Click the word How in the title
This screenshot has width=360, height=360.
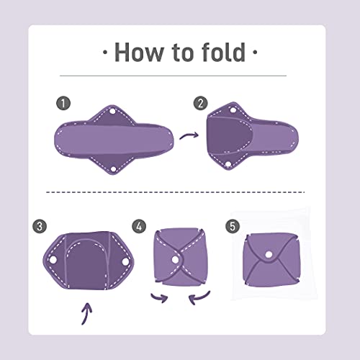tap(138, 53)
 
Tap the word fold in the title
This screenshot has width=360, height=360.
tap(224, 52)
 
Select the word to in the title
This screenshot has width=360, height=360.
tap(182, 53)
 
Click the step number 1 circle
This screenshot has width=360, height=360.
tap(63, 104)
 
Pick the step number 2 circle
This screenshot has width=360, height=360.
tap(201, 103)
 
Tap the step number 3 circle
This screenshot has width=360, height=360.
tap(40, 226)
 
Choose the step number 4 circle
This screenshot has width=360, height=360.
tap(139, 226)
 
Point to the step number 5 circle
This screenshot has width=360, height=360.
tap(233, 226)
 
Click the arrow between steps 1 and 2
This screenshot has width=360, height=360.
tap(189, 135)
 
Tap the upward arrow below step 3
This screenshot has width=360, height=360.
tap(86, 313)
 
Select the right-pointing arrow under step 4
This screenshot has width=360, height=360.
tap(160, 298)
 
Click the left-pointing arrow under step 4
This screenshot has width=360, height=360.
tap(199, 298)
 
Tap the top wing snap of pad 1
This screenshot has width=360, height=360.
tap(112, 112)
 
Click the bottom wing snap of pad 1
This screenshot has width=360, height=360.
tap(113, 168)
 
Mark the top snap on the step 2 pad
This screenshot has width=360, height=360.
tap(233, 110)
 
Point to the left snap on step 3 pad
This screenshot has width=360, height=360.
tap(53, 260)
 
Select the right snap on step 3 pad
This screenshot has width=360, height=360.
tap(125, 261)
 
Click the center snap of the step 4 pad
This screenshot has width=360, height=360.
tap(175, 260)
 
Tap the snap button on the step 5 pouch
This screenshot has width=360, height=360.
tap(269, 254)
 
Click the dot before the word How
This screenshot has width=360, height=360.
tap(104, 52)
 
